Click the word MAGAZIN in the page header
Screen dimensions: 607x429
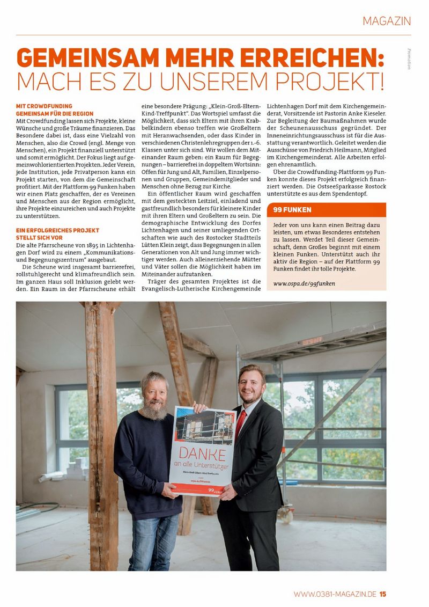pyautogui.click(x=387, y=21)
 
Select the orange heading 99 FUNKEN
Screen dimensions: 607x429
pyautogui.click(x=292, y=210)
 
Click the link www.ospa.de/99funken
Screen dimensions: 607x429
pyautogui.click(x=304, y=283)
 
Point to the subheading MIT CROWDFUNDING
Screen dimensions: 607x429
pyautogui.click(x=44, y=106)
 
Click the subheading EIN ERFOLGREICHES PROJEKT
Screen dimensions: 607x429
pyautogui.click(x=57, y=230)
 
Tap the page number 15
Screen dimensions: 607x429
pyautogui.click(x=383, y=594)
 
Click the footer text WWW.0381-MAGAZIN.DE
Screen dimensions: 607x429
pyautogui.click(x=335, y=594)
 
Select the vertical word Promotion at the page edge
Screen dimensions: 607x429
pyautogui.click(x=409, y=58)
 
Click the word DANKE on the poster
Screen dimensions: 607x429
pyautogui.click(x=202, y=451)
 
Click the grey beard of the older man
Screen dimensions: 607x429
pyautogui.click(x=153, y=411)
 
